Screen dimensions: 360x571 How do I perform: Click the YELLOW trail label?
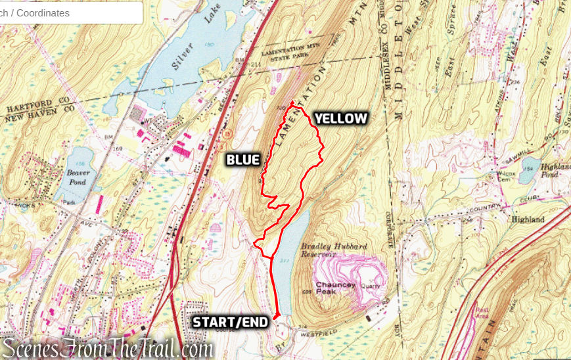coord(340,118)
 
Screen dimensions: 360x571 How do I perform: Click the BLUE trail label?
coord(243,160)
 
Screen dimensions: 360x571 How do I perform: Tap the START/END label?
coord(230,322)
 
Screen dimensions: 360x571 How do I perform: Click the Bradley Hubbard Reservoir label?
coord(333,250)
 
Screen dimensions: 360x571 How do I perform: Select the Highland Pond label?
coord(551,171)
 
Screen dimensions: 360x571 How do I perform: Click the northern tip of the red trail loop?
coord(292,102)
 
